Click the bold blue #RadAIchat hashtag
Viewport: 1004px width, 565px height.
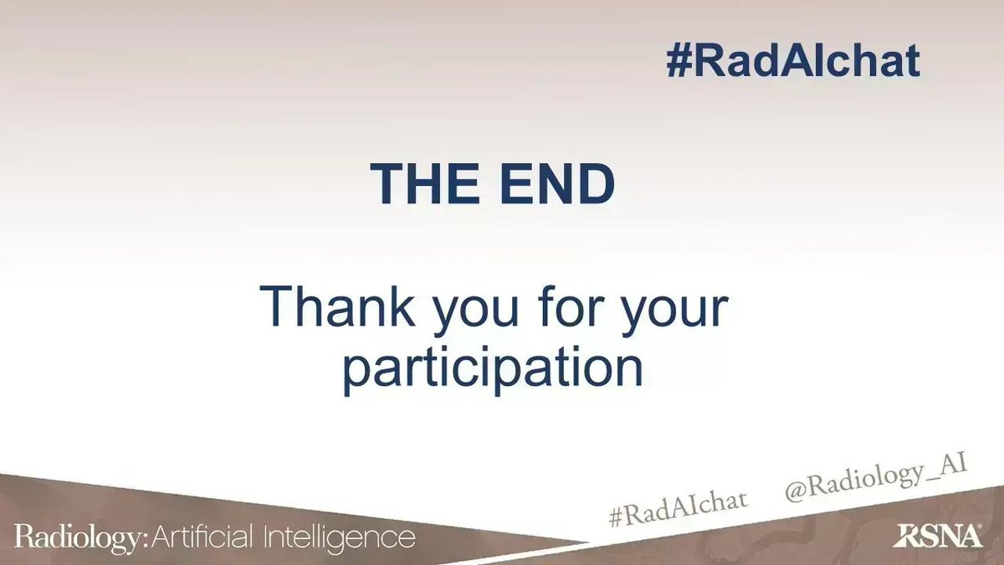[x=792, y=61]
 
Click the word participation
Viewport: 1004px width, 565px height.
[x=493, y=370]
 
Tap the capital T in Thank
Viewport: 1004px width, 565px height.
[x=275, y=308]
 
